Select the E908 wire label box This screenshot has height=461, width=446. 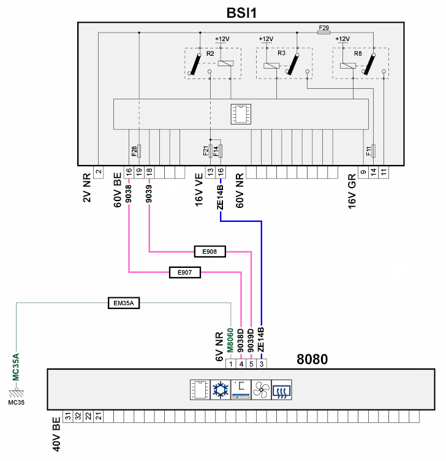[210, 251]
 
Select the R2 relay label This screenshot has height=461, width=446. [210, 54]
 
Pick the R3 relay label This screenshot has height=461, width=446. [282, 53]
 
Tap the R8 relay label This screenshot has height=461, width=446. [358, 54]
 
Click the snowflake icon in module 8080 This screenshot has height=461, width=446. [219, 389]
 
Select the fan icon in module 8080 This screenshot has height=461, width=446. [261, 389]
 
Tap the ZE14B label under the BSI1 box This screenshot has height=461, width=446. [220, 197]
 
